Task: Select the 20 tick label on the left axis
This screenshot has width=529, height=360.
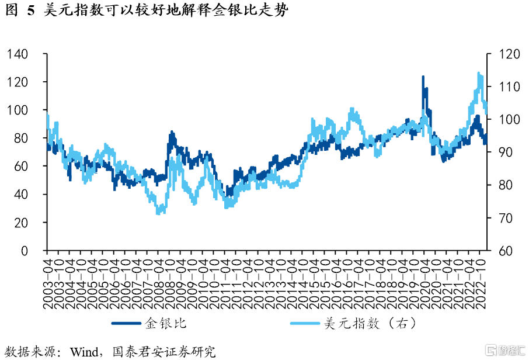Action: (x=22, y=223)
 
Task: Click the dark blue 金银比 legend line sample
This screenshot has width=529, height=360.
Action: (x=128, y=323)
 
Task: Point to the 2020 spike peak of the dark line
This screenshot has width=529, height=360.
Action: (x=423, y=77)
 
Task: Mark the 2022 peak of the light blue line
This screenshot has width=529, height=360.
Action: (x=479, y=73)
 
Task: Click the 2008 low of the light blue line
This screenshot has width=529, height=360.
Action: (x=158, y=213)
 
